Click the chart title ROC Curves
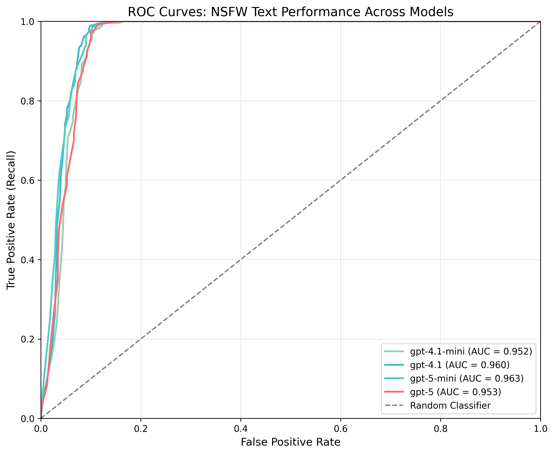coord(290,12)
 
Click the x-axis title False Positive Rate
coord(290,442)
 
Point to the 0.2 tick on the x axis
coord(141,429)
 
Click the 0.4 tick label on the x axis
coord(241,429)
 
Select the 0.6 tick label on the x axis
coord(341,429)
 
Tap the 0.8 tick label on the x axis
coord(441,429)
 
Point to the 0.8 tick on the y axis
coord(28,101)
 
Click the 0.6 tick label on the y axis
coord(28,180)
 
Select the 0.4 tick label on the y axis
coord(28,260)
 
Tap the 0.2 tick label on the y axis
coord(28,339)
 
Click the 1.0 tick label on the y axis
coord(28,21)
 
